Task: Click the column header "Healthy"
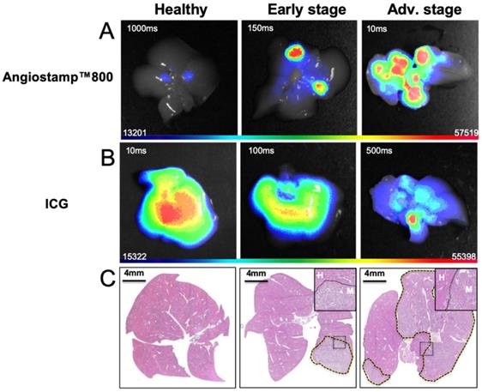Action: point(178,9)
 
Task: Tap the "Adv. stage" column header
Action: point(418,9)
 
